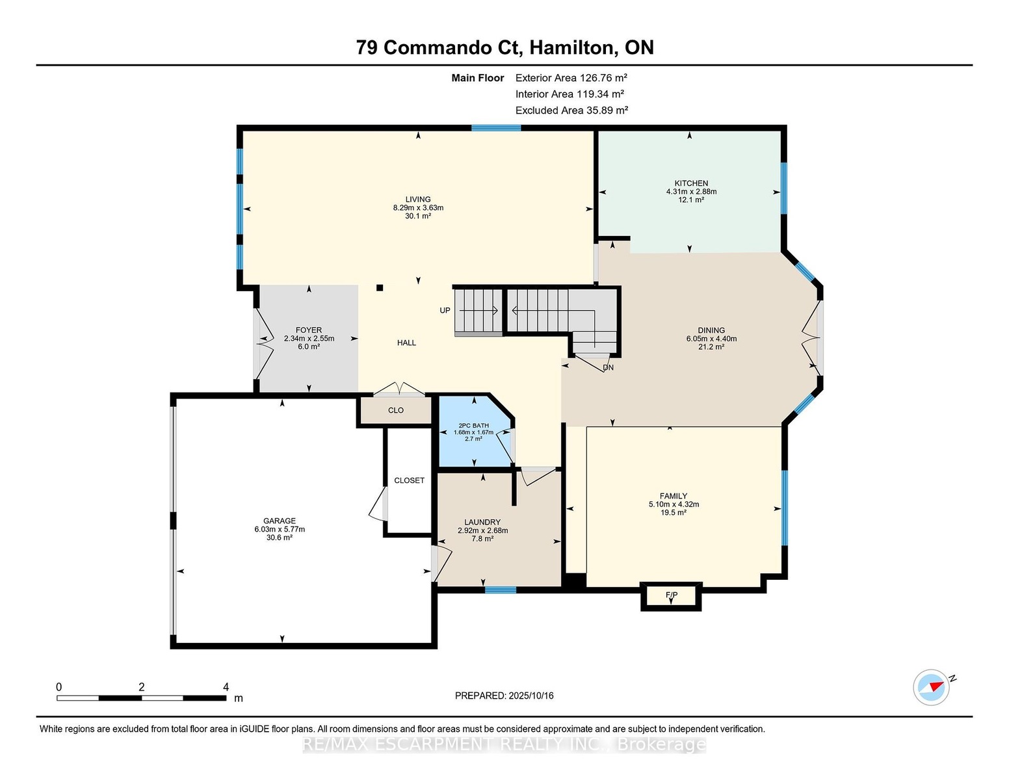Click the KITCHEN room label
691,183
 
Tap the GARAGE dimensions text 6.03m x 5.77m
280,529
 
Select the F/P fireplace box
671,596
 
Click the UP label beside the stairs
445,311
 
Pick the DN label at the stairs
609,367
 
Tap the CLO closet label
396,410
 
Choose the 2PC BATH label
474,426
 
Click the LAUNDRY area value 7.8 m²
482,539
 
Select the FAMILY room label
674,495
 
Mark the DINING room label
711,330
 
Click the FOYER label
309,330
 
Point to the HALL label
406,343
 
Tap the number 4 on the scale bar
226,687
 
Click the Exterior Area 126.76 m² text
571,78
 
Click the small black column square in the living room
380,288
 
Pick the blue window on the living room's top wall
496,128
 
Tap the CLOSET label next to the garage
409,480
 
